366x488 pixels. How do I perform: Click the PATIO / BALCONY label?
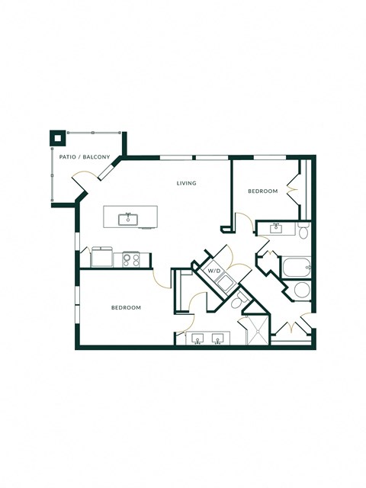point(85,158)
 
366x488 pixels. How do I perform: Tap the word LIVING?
point(186,183)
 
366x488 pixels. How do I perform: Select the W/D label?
point(214,271)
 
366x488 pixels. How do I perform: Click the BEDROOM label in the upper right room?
point(262,191)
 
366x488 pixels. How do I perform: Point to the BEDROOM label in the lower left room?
point(126,307)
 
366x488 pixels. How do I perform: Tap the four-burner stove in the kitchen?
point(131,259)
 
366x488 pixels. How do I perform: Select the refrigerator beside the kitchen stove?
point(102,258)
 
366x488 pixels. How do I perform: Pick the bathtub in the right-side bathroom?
point(295,268)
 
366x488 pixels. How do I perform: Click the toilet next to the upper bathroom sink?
point(303,231)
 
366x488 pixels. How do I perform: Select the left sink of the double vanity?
point(198,338)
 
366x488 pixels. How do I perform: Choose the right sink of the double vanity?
point(219,338)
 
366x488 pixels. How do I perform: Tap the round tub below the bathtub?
point(302,291)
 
